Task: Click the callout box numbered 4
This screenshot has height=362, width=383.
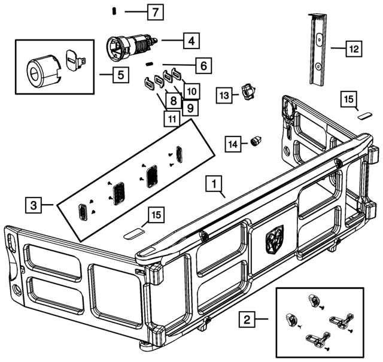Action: (190, 41)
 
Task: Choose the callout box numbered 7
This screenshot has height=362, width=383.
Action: (154, 12)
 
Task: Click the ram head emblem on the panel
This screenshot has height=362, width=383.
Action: (272, 239)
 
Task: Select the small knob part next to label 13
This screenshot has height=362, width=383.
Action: (248, 92)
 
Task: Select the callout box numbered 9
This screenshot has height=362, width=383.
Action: (189, 108)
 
